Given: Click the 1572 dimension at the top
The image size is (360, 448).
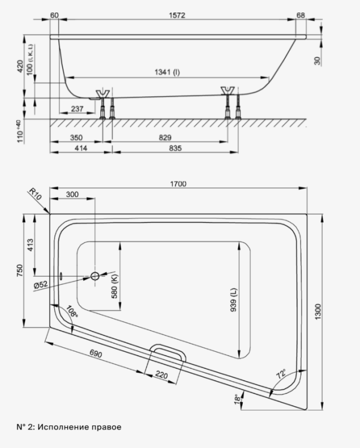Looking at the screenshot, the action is coord(177,15).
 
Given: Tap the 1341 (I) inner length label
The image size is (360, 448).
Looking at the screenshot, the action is coord(167,72).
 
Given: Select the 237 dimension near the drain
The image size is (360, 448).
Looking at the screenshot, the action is coord(77,109).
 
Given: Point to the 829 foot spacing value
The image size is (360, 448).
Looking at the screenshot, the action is coord(165,137).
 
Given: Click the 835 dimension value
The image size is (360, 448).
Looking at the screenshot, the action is coord(176,148).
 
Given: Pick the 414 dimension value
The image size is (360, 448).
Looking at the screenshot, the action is coord(81,148).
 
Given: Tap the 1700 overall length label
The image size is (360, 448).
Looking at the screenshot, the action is coord(178,184).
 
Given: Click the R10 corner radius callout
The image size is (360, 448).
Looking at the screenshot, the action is coord(35,194).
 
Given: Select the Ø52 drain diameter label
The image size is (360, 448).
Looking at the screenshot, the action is coord(41,284).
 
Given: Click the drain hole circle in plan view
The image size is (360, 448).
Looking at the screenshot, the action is coord(95,276).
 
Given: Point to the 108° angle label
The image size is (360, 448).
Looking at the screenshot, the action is coord(72,311).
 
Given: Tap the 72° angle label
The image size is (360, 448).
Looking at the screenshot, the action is coord(281,374).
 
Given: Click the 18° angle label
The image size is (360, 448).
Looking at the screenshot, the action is coord(236,400).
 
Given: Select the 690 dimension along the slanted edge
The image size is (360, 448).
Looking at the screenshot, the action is coord(96,354).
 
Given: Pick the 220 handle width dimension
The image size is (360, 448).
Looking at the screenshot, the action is coord(161,375).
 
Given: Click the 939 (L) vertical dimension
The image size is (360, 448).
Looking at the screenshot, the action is coord(233,300).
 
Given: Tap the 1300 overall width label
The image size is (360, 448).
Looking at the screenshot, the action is coord(318,312).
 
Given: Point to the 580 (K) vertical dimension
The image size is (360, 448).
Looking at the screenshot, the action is coord(114,286).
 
